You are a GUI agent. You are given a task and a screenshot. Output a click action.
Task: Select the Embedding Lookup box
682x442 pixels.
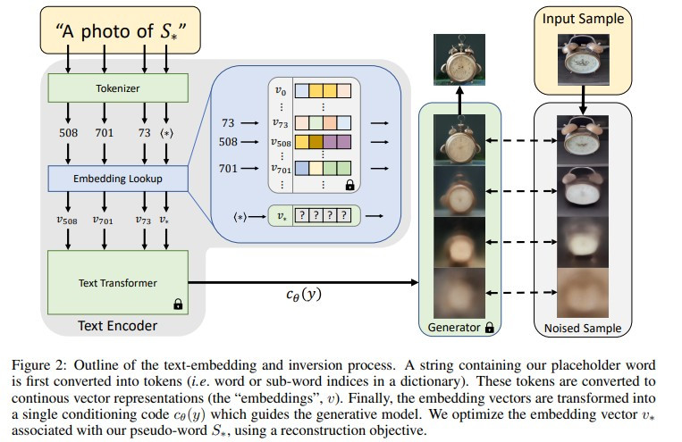tap(119, 179)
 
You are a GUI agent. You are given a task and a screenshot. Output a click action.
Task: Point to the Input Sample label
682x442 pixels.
tap(583, 19)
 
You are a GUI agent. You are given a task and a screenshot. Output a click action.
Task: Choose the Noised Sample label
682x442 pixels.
tap(582, 329)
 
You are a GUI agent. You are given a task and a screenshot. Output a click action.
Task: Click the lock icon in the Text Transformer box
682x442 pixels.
tap(177, 304)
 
